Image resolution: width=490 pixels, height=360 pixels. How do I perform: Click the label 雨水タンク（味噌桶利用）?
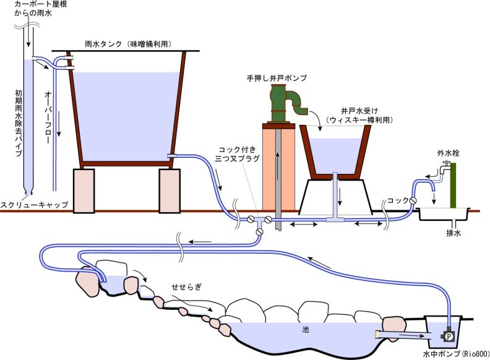(x=127, y=44)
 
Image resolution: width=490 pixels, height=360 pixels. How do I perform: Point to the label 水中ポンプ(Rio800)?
(x=455, y=354)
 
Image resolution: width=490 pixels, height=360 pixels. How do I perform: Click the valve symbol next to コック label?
(x=411, y=201)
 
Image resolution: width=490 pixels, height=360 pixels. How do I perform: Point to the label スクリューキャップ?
(x=34, y=204)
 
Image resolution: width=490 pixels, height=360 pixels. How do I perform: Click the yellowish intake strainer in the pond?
(x=377, y=333)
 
